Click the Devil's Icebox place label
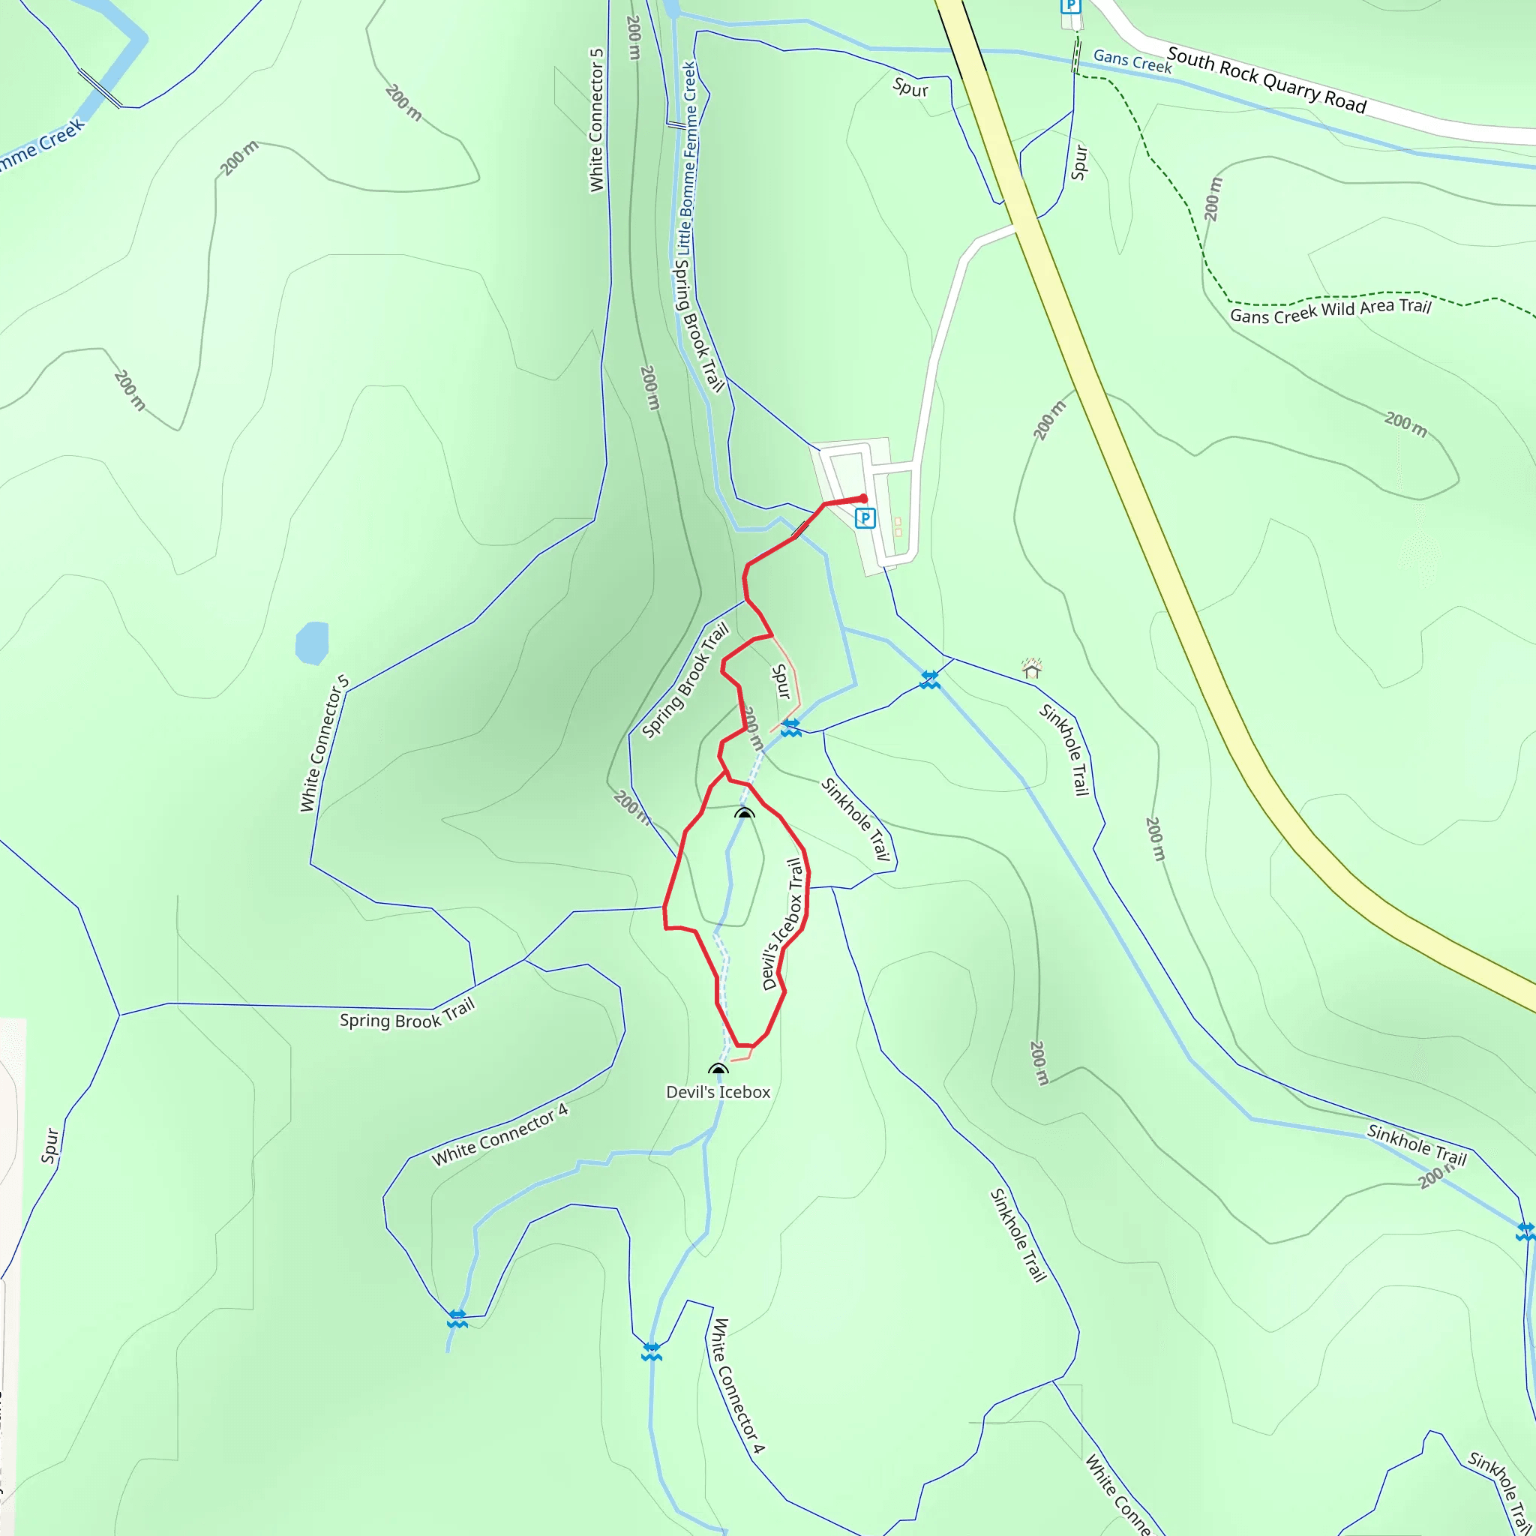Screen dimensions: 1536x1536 click(x=718, y=1092)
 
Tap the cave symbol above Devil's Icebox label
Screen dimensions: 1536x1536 click(x=718, y=1069)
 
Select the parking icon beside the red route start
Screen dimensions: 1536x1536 click(x=865, y=519)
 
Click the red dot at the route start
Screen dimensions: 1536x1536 click(x=863, y=499)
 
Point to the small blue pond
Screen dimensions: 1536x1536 click(x=312, y=643)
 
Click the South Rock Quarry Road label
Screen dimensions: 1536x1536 click(x=1267, y=80)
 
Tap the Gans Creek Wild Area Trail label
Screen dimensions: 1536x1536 click(x=1330, y=310)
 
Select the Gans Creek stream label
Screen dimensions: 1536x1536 click(x=1132, y=61)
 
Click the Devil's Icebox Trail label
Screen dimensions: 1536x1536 click(x=783, y=924)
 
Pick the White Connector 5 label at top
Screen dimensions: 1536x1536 click(x=596, y=120)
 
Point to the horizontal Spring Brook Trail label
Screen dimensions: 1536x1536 click(x=407, y=1015)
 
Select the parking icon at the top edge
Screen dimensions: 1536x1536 click(x=1071, y=6)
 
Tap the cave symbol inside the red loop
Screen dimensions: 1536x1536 click(x=744, y=813)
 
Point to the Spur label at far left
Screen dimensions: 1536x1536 click(x=51, y=1146)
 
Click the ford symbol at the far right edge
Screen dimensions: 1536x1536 click(x=1525, y=1231)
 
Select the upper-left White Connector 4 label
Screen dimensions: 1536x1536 click(x=500, y=1135)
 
